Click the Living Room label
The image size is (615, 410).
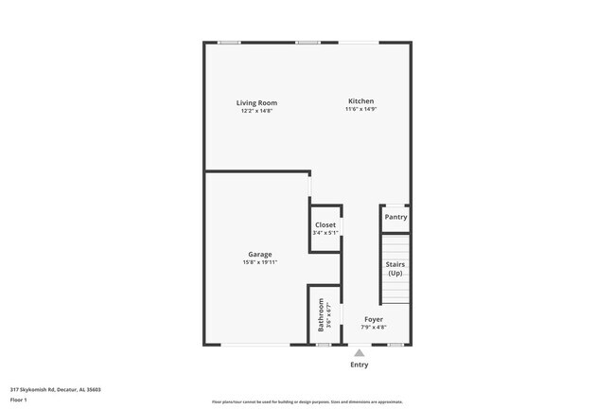(x=256, y=103)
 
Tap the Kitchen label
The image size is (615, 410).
(x=360, y=101)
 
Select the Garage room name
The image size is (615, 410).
(x=260, y=254)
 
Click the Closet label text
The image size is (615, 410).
(x=325, y=225)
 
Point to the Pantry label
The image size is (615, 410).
(x=395, y=217)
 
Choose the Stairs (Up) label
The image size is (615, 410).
(x=395, y=268)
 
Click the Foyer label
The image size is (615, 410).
(x=374, y=320)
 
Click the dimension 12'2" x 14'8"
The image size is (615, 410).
(x=256, y=112)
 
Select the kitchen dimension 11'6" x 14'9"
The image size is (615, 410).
(x=360, y=110)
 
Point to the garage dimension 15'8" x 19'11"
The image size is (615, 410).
(x=260, y=262)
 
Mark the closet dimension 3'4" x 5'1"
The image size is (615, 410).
(x=325, y=233)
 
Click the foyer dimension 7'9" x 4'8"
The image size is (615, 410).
(x=374, y=328)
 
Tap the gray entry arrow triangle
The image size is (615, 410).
(x=359, y=353)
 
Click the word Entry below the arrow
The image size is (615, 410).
(x=360, y=365)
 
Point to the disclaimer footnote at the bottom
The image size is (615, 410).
(x=307, y=401)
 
